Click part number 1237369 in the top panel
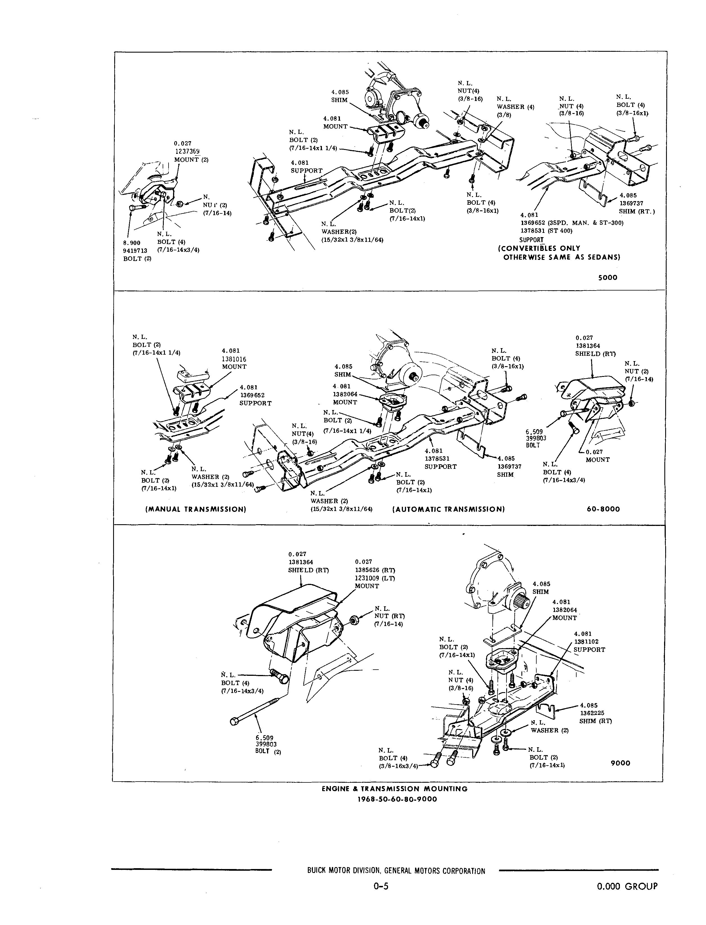(187, 152)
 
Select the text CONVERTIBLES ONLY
(539, 248)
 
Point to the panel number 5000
(608, 278)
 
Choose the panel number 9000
(620, 763)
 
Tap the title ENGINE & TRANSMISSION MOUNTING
(395, 789)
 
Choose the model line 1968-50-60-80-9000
(397, 799)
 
